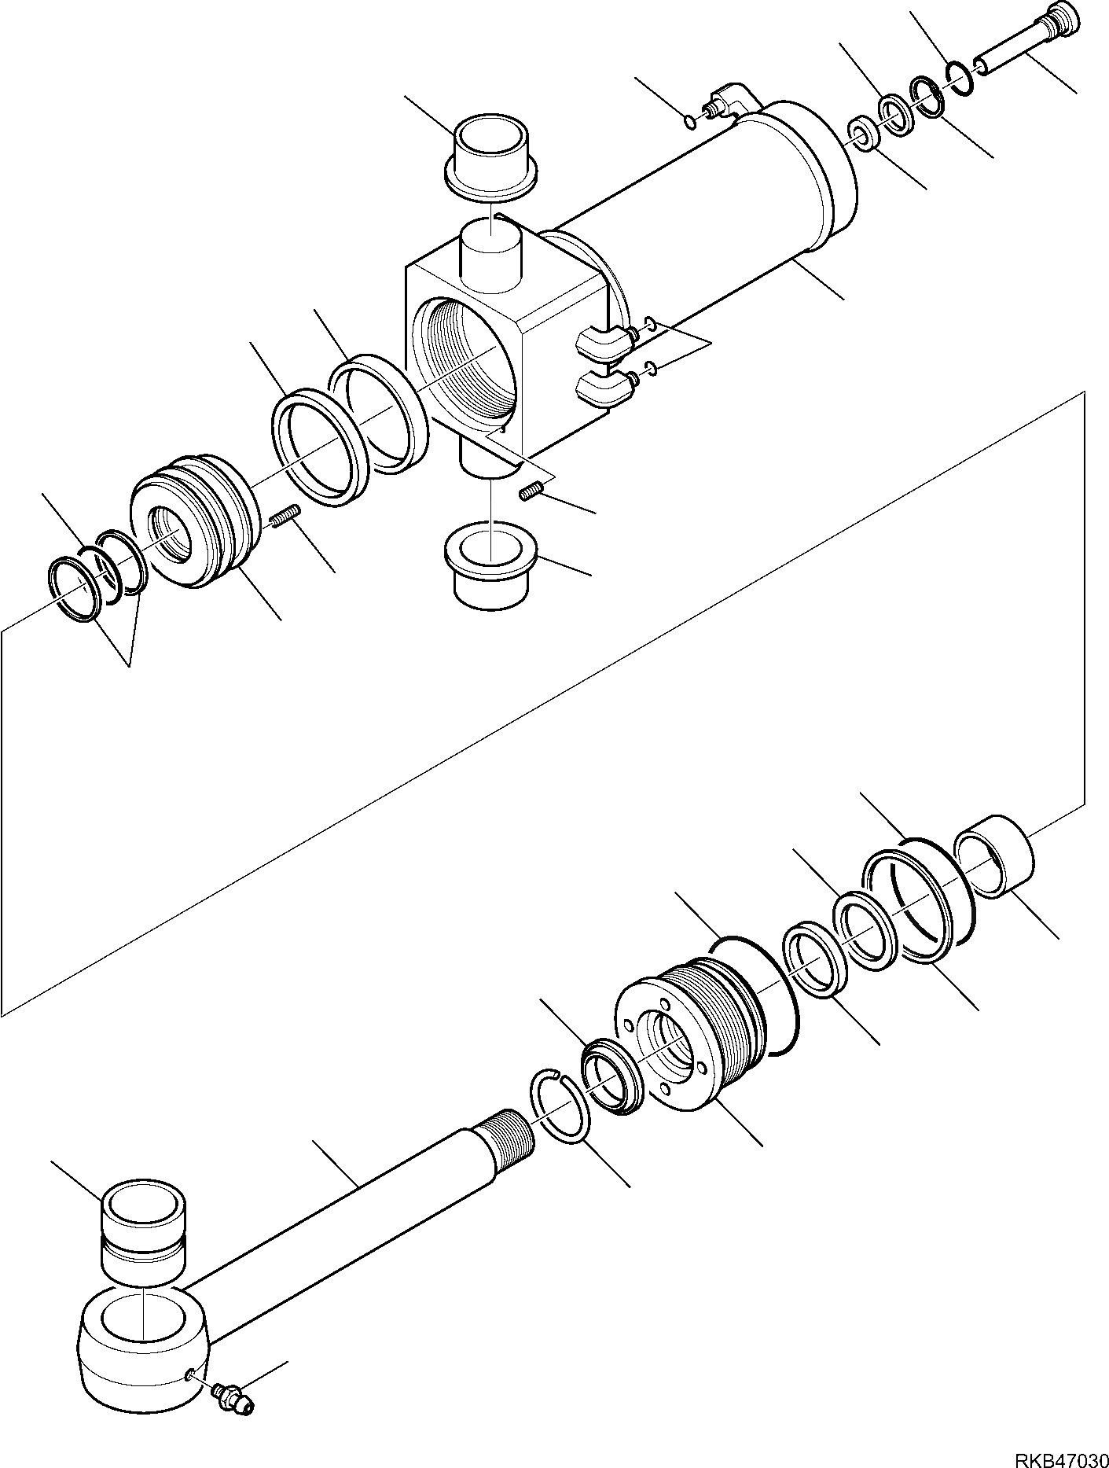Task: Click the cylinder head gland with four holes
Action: point(676,1042)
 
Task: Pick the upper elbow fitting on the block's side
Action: point(604,344)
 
